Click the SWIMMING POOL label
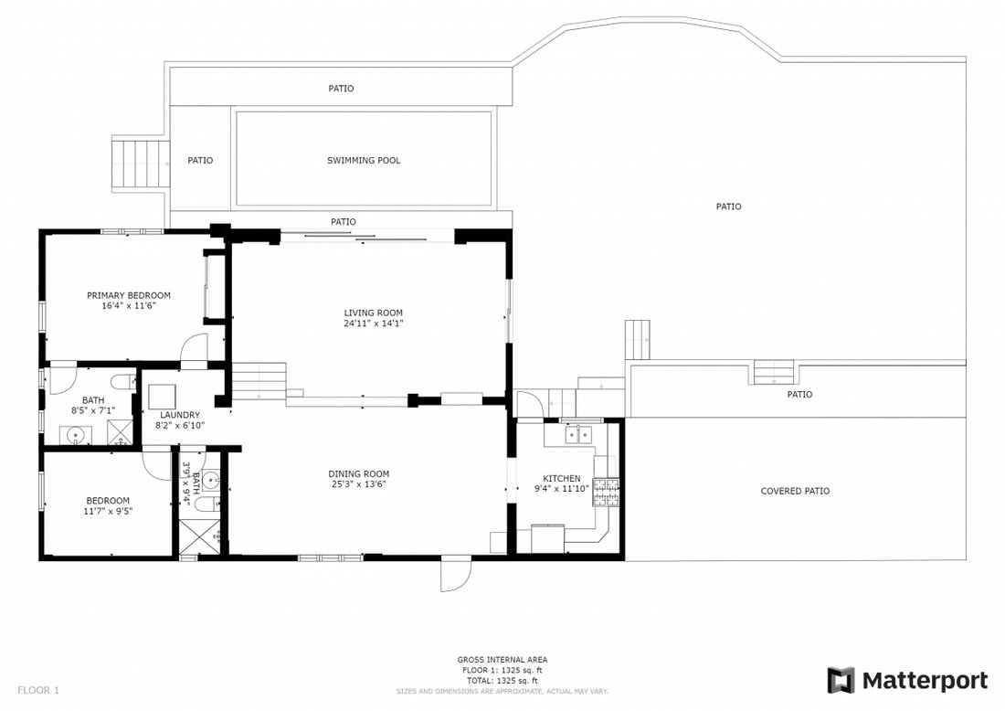pos(364,160)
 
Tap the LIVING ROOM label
pos(373,313)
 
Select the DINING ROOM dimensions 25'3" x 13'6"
pos(359,484)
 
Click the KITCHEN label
pos(562,478)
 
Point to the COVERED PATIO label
pos(795,491)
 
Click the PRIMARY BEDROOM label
pos(129,295)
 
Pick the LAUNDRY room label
pos(180,415)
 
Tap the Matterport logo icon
pos(841,680)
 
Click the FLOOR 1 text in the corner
pos(38,691)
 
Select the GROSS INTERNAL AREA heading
pos(502,660)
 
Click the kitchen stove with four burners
pos(607,493)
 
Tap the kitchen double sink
pos(578,435)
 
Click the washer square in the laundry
pos(162,397)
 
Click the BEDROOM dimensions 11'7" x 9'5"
pos(108,512)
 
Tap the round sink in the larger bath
pos(76,436)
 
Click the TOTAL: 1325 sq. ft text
pos(502,681)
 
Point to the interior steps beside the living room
pos(259,381)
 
